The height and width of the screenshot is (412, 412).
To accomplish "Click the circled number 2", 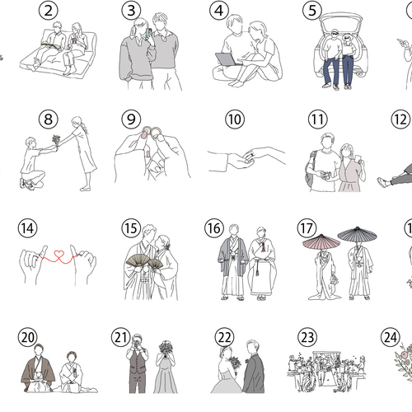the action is click(x=49, y=11).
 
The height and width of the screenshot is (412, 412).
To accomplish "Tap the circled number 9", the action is click(x=131, y=119).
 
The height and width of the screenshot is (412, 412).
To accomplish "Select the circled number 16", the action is click(x=214, y=228).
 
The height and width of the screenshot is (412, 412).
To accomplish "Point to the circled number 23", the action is click(x=307, y=337).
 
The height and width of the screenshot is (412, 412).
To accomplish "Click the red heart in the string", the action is click(x=59, y=254).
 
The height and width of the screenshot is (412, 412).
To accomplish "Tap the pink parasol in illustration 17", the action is click(x=321, y=241).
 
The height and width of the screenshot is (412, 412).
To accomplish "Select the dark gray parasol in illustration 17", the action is click(x=357, y=234).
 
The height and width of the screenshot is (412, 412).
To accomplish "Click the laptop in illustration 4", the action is click(x=226, y=59).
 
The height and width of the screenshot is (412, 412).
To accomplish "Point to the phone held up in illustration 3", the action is click(x=149, y=33).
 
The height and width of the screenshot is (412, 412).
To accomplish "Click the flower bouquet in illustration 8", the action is click(x=56, y=139).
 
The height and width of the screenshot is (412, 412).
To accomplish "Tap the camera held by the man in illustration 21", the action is click(x=137, y=340).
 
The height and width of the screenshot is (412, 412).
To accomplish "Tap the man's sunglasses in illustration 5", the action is click(x=335, y=34).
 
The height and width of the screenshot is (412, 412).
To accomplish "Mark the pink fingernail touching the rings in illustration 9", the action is click(x=144, y=134).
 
